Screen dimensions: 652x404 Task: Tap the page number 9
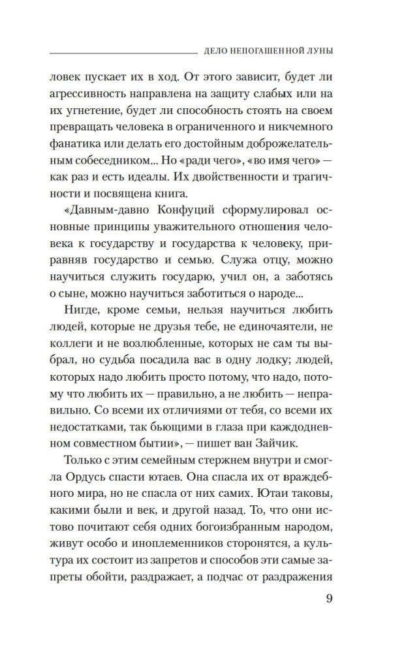(329, 599)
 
